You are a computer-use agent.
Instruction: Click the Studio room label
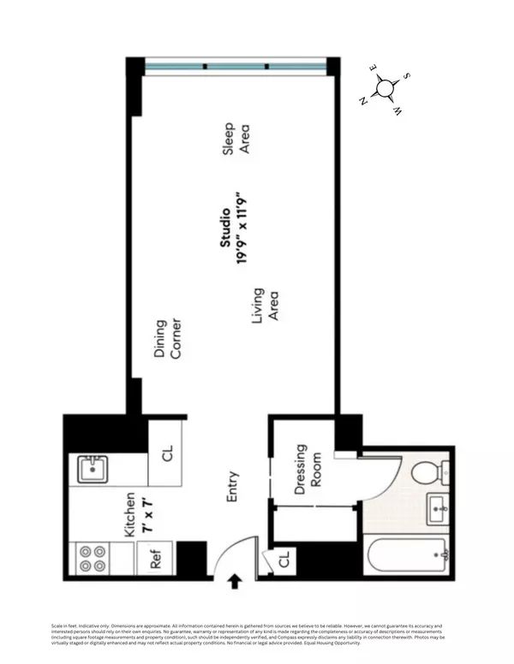[x=225, y=228]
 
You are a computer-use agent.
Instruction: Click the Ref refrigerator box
[x=156, y=559]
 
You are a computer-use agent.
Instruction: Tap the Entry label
[x=233, y=488]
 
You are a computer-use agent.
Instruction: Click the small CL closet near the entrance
[x=283, y=561]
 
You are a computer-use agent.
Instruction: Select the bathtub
[x=406, y=556]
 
